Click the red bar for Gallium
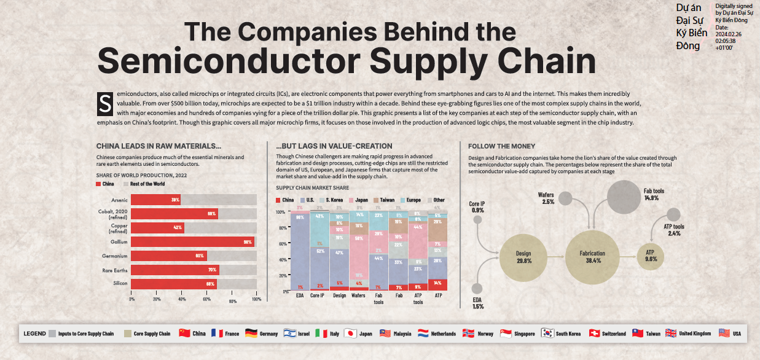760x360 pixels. (192, 242)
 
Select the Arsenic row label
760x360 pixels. (119, 200)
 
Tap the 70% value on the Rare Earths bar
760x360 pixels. (211, 270)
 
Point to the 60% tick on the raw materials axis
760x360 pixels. (207, 299)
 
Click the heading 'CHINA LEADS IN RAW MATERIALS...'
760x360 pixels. (159, 146)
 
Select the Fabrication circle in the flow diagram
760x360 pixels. (592, 257)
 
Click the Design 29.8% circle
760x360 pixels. (523, 257)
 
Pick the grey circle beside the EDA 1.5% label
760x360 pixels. (477, 288)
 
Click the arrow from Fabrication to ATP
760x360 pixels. (628, 257)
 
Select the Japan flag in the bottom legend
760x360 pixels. (350, 334)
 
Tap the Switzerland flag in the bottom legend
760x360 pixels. (594, 334)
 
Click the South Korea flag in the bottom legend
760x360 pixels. (547, 334)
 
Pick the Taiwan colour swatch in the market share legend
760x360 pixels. (375, 200)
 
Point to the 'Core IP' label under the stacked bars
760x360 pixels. (318, 295)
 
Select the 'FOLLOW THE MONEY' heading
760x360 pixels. (501, 146)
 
